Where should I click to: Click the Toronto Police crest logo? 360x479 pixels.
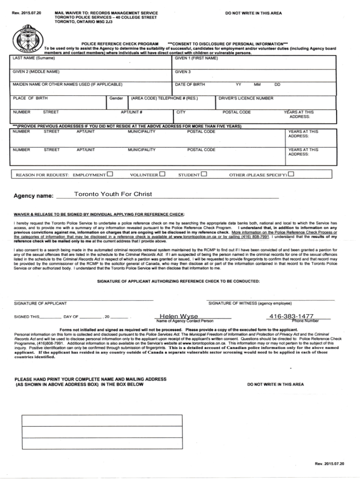tap(24, 39)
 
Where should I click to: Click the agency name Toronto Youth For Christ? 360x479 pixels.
tap(113, 194)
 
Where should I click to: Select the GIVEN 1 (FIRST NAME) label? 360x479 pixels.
tap(196, 58)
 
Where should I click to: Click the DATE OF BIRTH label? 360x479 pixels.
tap(190, 84)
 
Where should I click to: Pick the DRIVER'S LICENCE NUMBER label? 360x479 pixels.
tap(246, 98)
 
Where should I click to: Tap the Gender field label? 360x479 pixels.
tap(116, 98)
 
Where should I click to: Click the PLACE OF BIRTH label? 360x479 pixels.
tap(30, 98)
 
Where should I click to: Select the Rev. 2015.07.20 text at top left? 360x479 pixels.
tap(25, 13)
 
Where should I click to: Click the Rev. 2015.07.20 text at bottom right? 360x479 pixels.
tap(329, 463)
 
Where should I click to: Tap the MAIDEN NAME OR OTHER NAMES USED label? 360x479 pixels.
tap(68, 84)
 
